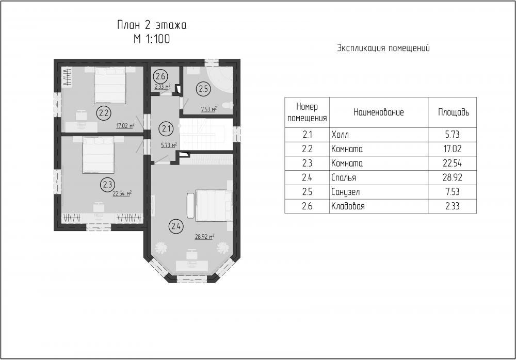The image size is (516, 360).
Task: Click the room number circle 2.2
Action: (x=104, y=113)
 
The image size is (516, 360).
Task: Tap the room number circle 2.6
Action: (x=160, y=77)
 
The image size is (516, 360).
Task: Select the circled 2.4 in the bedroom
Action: (x=176, y=226)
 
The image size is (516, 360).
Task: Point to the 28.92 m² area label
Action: (x=204, y=236)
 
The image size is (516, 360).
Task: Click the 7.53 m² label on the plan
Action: (x=208, y=109)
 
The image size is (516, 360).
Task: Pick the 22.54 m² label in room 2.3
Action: (x=122, y=193)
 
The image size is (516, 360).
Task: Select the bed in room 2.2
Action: (x=110, y=86)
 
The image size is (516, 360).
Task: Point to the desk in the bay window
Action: (x=192, y=265)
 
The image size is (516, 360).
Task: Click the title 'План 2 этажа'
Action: (x=152, y=25)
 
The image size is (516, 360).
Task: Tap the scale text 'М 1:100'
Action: (x=152, y=39)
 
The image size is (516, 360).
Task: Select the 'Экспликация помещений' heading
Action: (x=383, y=48)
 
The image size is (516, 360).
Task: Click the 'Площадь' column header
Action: (x=454, y=112)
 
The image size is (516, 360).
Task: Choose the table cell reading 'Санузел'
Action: (x=346, y=192)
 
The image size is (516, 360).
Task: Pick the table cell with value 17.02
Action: (x=453, y=149)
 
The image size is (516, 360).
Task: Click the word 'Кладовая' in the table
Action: (x=348, y=206)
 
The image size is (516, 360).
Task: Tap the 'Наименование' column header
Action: (x=378, y=112)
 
